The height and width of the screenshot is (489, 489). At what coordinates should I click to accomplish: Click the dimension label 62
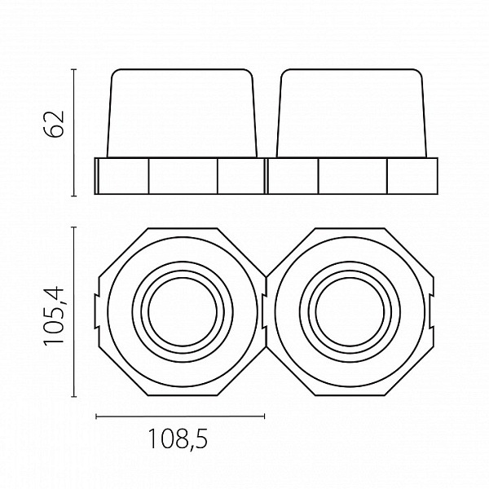(54, 124)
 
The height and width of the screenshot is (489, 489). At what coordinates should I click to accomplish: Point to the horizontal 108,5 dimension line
(180, 416)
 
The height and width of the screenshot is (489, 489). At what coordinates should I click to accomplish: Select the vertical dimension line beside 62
(74, 133)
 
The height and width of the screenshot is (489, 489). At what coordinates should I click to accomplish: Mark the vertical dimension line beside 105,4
(74, 312)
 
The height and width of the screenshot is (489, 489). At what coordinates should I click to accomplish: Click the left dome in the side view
(182, 113)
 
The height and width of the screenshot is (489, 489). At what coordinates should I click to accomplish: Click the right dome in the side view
(351, 113)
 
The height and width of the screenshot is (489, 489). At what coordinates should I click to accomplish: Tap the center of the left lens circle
(183, 311)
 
